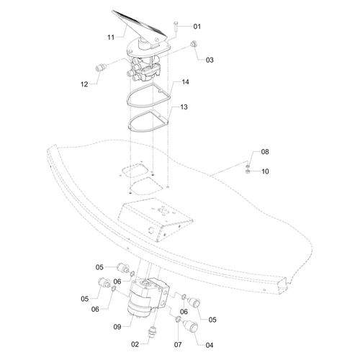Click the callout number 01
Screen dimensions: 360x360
[197, 27]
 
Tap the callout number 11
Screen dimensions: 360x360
[111, 37]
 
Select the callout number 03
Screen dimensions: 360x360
[210, 60]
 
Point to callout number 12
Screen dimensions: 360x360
[84, 84]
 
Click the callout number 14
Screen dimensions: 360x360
[185, 82]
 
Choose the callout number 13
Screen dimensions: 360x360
[184, 107]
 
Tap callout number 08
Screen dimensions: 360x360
[265, 152]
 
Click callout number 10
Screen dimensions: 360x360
[265, 171]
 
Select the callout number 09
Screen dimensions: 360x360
[117, 327]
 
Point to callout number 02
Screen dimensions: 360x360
[135, 345]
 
